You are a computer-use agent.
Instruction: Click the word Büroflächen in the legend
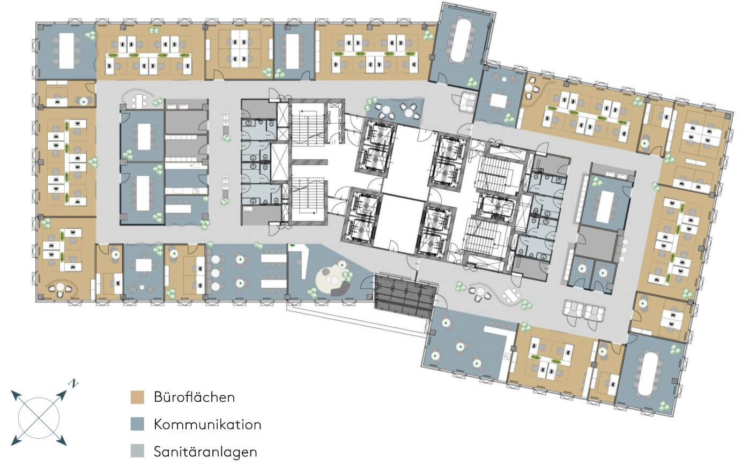pos(194,397)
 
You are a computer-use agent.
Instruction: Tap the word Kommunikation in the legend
pos(207,425)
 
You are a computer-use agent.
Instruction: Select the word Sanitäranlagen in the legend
pos(205,452)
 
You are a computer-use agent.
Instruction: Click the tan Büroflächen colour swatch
pos(137,397)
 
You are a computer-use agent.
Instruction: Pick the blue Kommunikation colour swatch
pos(137,424)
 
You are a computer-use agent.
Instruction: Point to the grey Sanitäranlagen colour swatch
pos(137,451)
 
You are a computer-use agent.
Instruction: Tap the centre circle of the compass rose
pos(39,418)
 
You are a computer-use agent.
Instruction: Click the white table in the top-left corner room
pos(66,51)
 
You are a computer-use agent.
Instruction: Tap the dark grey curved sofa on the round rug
pos(340,289)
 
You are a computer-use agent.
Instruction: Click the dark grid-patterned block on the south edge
pos(405,296)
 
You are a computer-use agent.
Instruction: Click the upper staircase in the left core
pos(307,125)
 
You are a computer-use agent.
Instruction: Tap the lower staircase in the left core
pos(307,199)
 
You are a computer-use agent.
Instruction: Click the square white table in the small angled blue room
pos(499,101)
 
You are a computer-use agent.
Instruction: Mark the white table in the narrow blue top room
pos(293,51)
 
